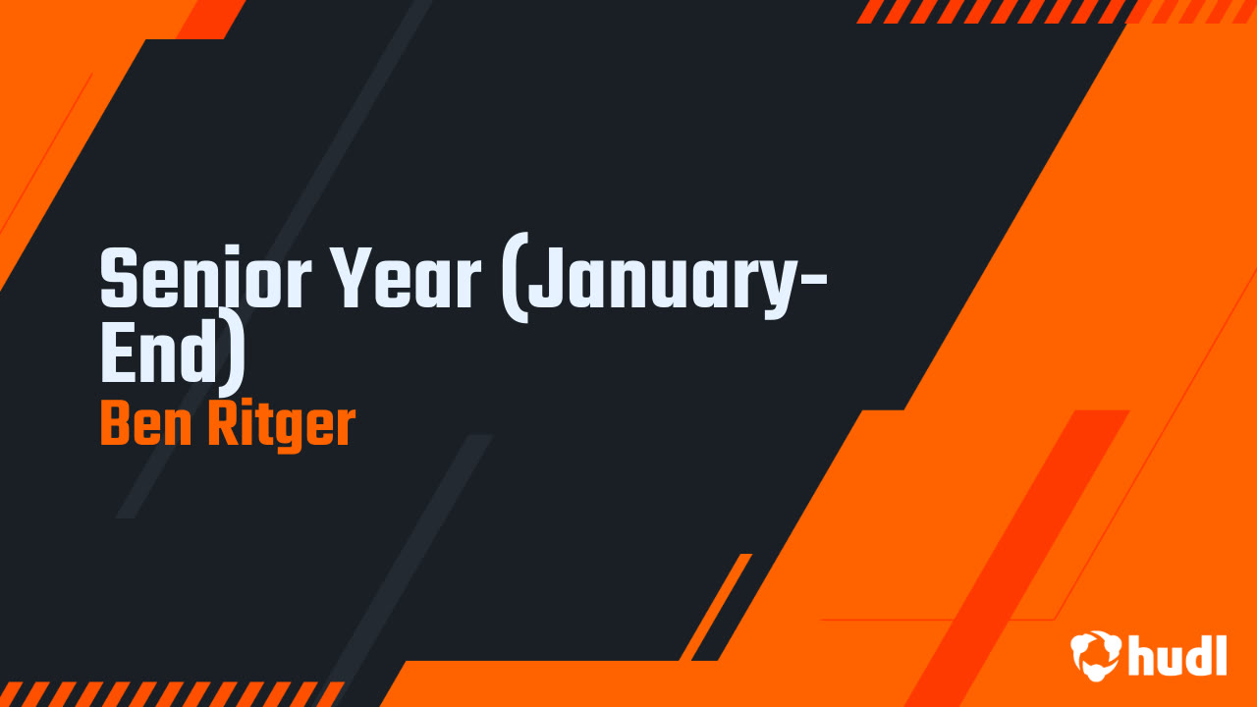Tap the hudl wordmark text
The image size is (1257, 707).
coord(1177,654)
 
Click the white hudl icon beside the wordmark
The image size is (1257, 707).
coord(1096,654)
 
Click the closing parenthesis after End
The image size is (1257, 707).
coord(232,355)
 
